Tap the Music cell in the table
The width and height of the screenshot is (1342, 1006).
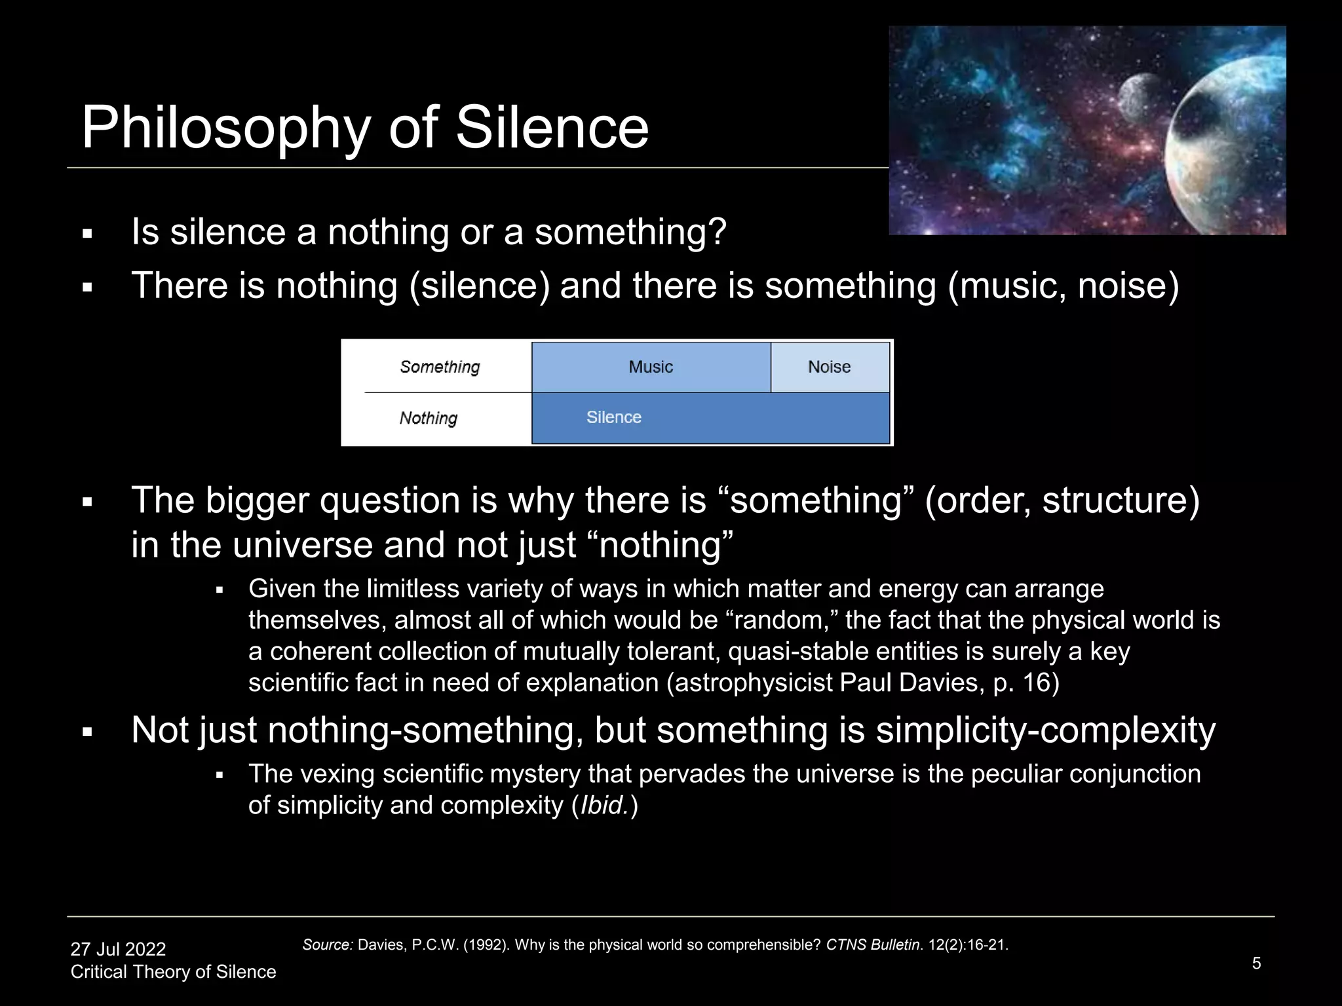pos(651,367)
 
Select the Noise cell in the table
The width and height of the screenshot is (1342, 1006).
pos(829,367)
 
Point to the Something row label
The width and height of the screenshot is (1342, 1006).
pos(440,367)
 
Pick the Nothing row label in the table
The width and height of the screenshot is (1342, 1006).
pos(429,418)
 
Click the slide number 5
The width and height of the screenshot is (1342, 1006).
pos(1256,963)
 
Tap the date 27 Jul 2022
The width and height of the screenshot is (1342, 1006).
pos(118,949)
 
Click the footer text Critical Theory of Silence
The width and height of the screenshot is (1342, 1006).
pos(173,972)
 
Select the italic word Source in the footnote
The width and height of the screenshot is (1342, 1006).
pos(328,945)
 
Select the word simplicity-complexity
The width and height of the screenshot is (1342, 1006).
pos(1045,730)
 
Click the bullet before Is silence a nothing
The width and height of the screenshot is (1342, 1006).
pos(87,234)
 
